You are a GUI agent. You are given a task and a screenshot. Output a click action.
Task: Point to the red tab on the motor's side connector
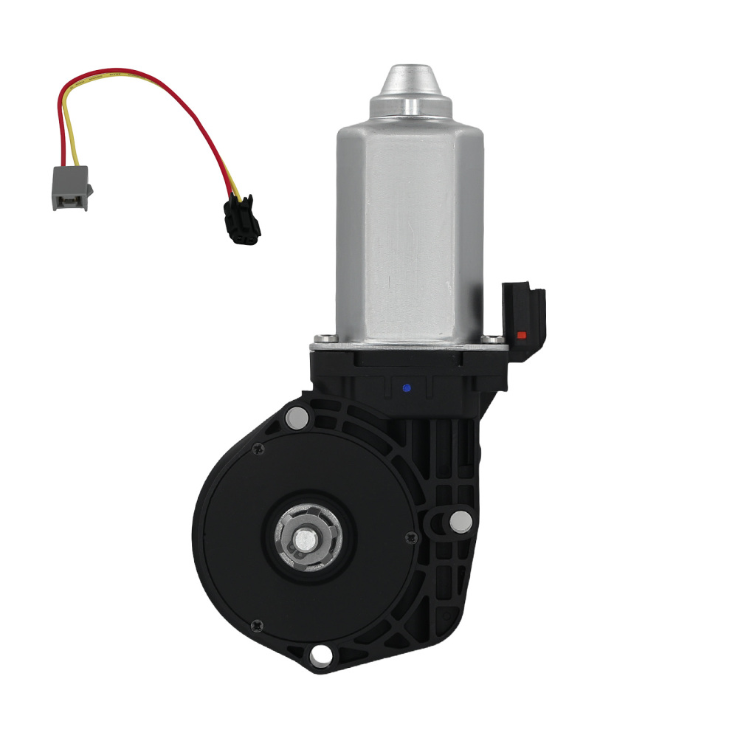point(522,335)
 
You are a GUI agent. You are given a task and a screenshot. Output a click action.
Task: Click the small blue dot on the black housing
point(406,387)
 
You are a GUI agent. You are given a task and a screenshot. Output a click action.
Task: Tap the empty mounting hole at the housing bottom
point(320,654)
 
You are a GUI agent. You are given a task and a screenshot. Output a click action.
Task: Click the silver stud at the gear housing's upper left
point(295,418)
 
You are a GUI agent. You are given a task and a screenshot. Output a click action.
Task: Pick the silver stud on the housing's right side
point(461,522)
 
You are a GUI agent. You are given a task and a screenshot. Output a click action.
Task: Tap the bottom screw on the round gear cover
point(255,624)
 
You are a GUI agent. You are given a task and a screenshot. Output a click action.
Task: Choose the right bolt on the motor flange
point(490,340)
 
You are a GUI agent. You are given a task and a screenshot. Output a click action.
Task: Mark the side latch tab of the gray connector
point(90,191)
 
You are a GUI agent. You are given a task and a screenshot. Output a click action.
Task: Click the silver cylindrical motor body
point(410,229)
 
